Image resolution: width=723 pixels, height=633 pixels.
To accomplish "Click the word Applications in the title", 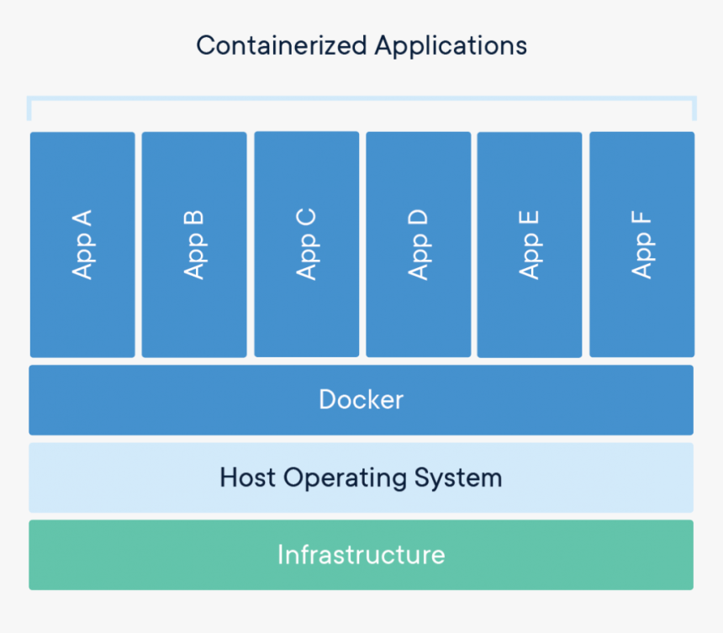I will point(451,45).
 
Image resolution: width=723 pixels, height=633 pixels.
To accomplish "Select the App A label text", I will point(82,245).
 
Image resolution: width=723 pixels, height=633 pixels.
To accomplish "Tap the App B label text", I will point(194,245).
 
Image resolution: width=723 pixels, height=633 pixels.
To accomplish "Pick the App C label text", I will point(306,245).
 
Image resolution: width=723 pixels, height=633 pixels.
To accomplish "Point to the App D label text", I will point(418,245).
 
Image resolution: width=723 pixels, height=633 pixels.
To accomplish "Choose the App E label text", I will point(530,245).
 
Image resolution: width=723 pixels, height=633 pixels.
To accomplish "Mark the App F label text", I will point(641,245).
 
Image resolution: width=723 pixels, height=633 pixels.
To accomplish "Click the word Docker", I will point(361,399).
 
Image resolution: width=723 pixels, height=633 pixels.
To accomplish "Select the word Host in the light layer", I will point(248,477).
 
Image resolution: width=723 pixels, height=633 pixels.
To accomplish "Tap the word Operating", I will point(346,478).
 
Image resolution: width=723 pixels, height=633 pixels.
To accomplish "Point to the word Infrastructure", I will point(361,555).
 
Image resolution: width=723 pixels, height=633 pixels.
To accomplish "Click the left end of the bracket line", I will point(29,108).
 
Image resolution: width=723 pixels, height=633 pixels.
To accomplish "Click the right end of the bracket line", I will point(694,108).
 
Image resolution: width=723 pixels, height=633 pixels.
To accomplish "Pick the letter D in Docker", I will point(327,399).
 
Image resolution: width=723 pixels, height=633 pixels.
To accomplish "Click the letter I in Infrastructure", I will point(281,555).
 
